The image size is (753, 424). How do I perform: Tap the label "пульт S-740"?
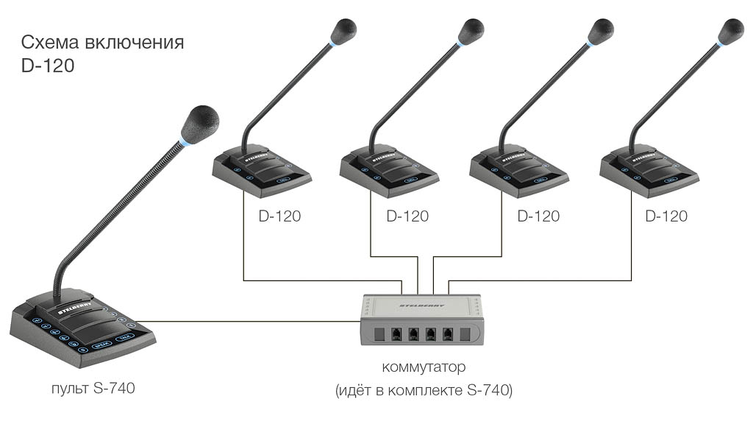[93, 387]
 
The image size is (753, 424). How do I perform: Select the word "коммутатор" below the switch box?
[424, 366]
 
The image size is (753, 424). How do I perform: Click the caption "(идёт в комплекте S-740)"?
[424, 390]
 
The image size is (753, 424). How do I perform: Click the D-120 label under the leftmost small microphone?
[279, 216]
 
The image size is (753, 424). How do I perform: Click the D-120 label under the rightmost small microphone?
[666, 216]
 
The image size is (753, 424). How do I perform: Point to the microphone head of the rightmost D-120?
[731, 32]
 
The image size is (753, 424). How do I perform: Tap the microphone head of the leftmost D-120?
[343, 32]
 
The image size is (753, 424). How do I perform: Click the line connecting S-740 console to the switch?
[257, 321]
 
